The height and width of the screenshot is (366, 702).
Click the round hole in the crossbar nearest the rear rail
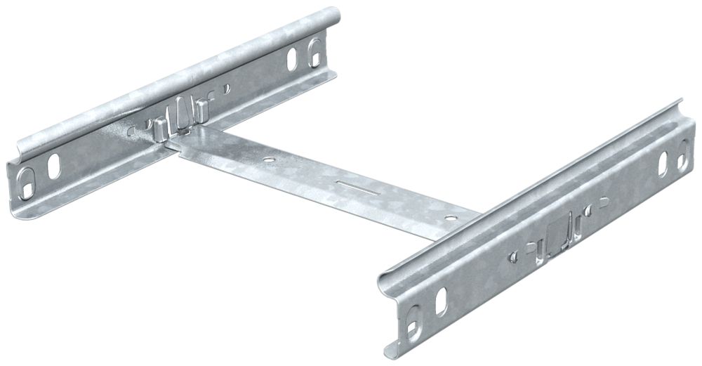tap(267, 160)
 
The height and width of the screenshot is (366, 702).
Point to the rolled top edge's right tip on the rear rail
tap(335, 13)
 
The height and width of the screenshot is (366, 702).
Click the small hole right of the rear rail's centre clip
tap(226, 89)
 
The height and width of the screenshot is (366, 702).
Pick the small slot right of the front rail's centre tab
tap(602, 204)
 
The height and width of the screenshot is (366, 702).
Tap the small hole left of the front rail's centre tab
tap(516, 250)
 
